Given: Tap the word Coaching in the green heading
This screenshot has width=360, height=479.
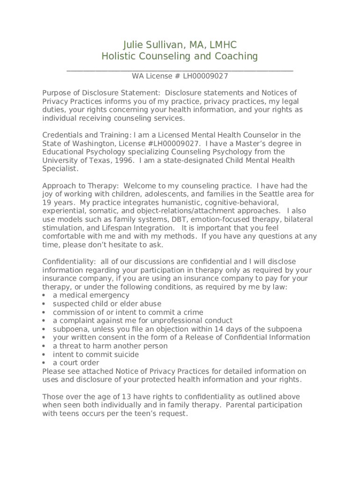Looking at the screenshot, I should (236, 57).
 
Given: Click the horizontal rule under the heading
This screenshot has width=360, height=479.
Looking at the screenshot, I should (180, 71).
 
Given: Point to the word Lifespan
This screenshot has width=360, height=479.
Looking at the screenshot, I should (122, 228).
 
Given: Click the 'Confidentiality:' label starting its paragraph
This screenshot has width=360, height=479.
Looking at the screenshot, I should (69, 261).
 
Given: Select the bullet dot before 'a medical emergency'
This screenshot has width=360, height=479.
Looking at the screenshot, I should (44, 296).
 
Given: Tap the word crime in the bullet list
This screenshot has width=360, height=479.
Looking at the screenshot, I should (193, 312).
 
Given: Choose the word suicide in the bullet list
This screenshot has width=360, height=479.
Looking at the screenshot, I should (124, 355).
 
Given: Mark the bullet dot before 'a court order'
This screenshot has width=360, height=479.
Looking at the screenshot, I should (44, 363).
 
